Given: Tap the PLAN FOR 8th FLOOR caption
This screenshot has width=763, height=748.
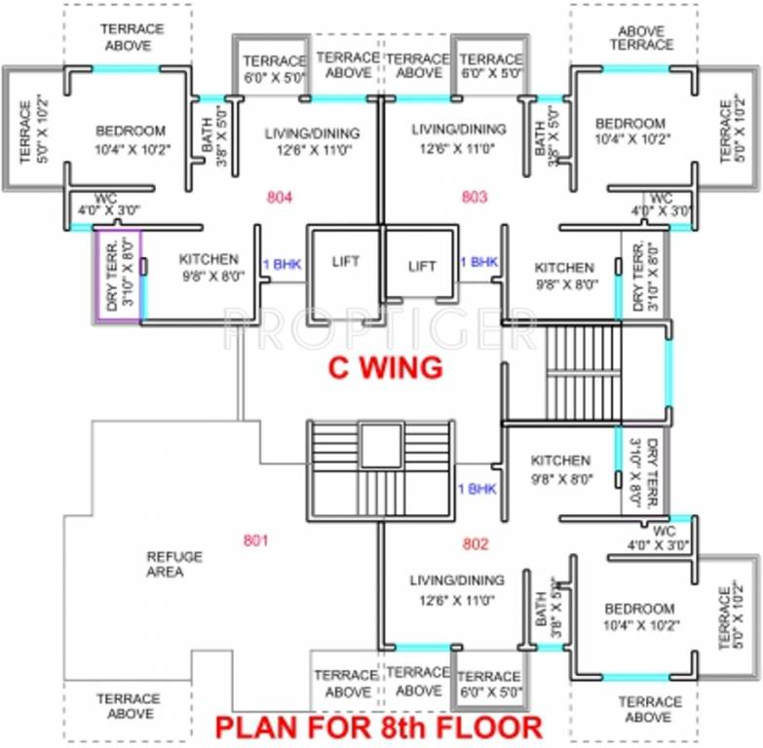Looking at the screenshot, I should click(378, 728).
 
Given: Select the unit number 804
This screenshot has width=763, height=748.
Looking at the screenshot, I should click(280, 197).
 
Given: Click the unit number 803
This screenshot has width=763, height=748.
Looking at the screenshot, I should click(474, 197).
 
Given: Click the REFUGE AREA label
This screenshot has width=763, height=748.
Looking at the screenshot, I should click(174, 564).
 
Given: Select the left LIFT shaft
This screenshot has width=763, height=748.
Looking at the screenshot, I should click(344, 262).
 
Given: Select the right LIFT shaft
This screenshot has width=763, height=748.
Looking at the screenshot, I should click(421, 265).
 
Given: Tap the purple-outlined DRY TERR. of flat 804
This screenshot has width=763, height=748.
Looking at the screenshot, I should click(118, 274).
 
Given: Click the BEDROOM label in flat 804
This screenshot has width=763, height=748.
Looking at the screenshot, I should click(131, 131).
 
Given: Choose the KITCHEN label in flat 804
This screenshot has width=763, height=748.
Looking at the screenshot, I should click(209, 259).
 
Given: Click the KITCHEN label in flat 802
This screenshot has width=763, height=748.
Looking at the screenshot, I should click(560, 461).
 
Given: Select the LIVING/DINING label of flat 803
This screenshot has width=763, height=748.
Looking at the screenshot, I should click(458, 130).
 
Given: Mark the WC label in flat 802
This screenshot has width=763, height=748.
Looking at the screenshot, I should click(665, 531).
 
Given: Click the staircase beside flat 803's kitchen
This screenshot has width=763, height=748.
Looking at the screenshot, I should click(583, 373).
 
